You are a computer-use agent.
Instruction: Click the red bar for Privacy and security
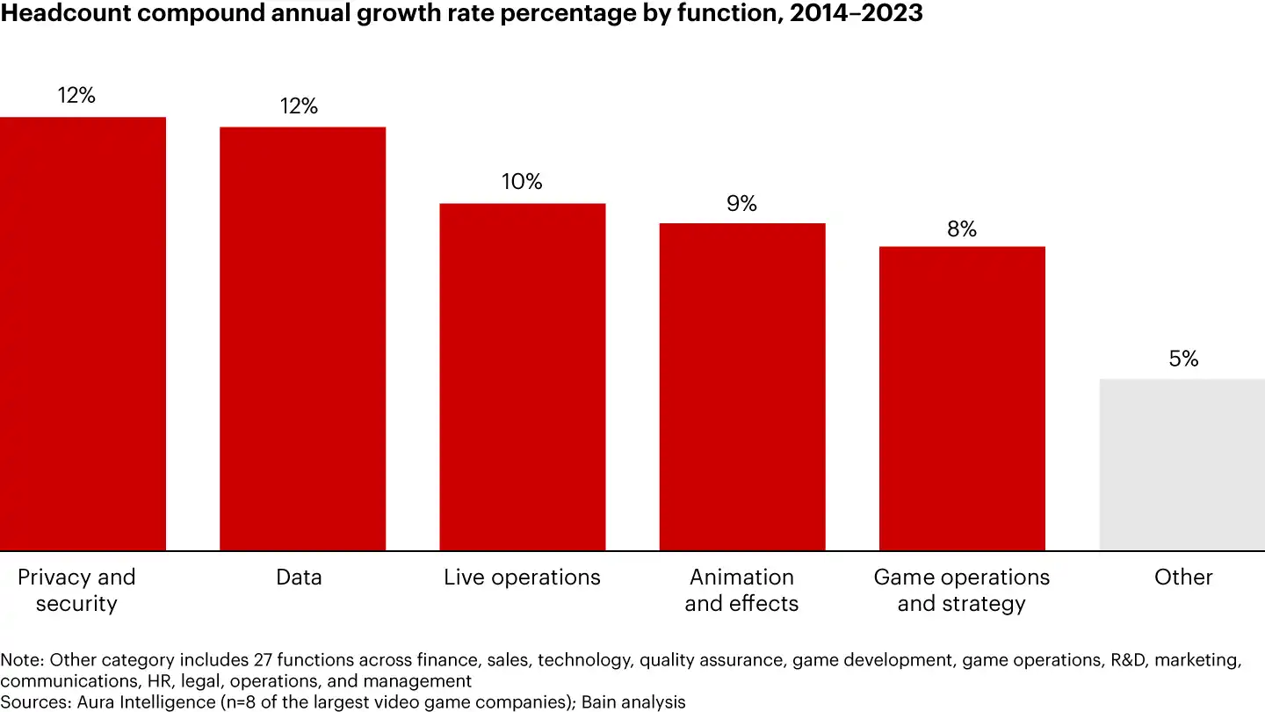click(83, 334)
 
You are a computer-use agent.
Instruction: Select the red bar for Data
click(302, 338)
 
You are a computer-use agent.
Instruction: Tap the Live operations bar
click(522, 377)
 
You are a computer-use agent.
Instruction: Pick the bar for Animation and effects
click(742, 387)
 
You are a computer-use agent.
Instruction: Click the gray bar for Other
click(1182, 465)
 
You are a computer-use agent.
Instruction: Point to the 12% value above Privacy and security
click(77, 96)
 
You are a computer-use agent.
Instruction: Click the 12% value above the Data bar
click(299, 106)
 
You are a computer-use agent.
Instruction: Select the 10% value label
click(522, 182)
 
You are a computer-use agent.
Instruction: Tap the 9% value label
click(741, 204)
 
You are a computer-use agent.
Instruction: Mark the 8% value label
click(962, 229)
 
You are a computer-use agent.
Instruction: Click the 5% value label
click(1183, 359)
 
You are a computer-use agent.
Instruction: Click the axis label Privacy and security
click(76, 591)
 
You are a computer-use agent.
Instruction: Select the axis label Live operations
click(522, 578)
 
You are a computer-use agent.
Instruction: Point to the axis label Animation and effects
click(741, 591)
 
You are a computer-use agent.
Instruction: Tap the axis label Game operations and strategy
click(961, 591)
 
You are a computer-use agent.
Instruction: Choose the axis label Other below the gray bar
click(1183, 578)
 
